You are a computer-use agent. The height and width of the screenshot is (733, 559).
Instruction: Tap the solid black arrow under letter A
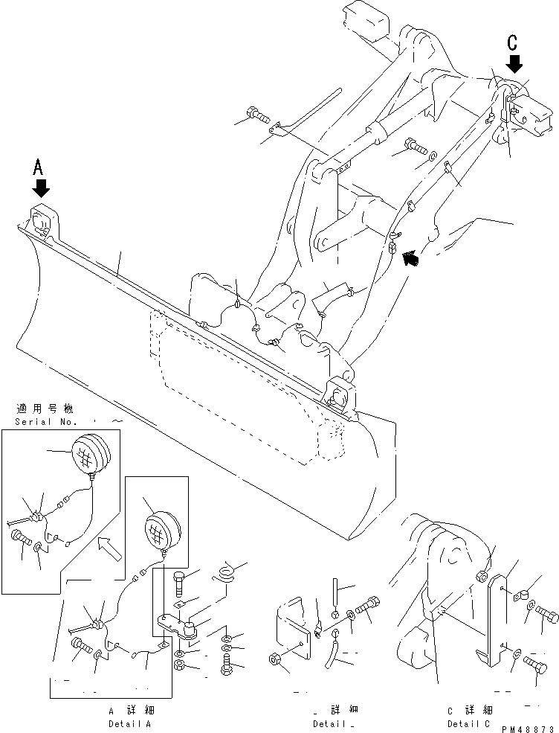pyautogui.click(x=41, y=188)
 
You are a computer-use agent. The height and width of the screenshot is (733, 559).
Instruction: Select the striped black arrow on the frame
pyautogui.click(x=409, y=258)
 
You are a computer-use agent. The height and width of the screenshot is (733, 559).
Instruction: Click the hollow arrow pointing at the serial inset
pyautogui.click(x=108, y=549)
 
